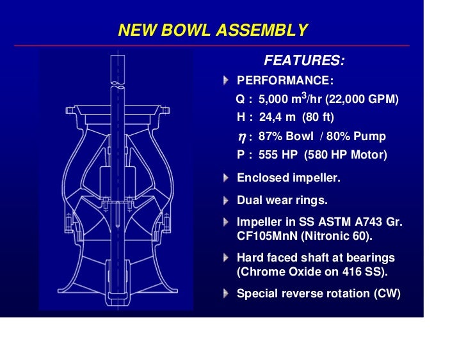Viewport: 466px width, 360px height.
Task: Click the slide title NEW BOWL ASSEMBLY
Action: point(213,30)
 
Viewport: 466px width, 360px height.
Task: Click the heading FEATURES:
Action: point(304,61)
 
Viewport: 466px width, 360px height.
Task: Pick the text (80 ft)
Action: point(319,118)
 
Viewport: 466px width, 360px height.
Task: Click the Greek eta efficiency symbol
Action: point(241,137)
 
